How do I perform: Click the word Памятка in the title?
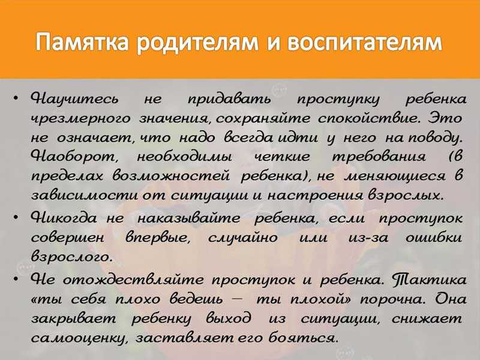(x=82, y=42)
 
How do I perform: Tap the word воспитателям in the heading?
(x=364, y=42)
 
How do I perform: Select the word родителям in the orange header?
(x=197, y=42)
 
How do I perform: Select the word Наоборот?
(x=74, y=157)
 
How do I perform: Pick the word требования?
(x=379, y=157)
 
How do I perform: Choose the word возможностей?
(x=171, y=176)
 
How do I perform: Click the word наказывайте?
(x=188, y=218)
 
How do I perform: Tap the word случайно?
(x=243, y=238)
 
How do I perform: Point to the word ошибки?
(x=434, y=238)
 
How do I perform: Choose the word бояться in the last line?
(x=304, y=338)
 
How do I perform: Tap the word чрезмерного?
(x=81, y=118)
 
